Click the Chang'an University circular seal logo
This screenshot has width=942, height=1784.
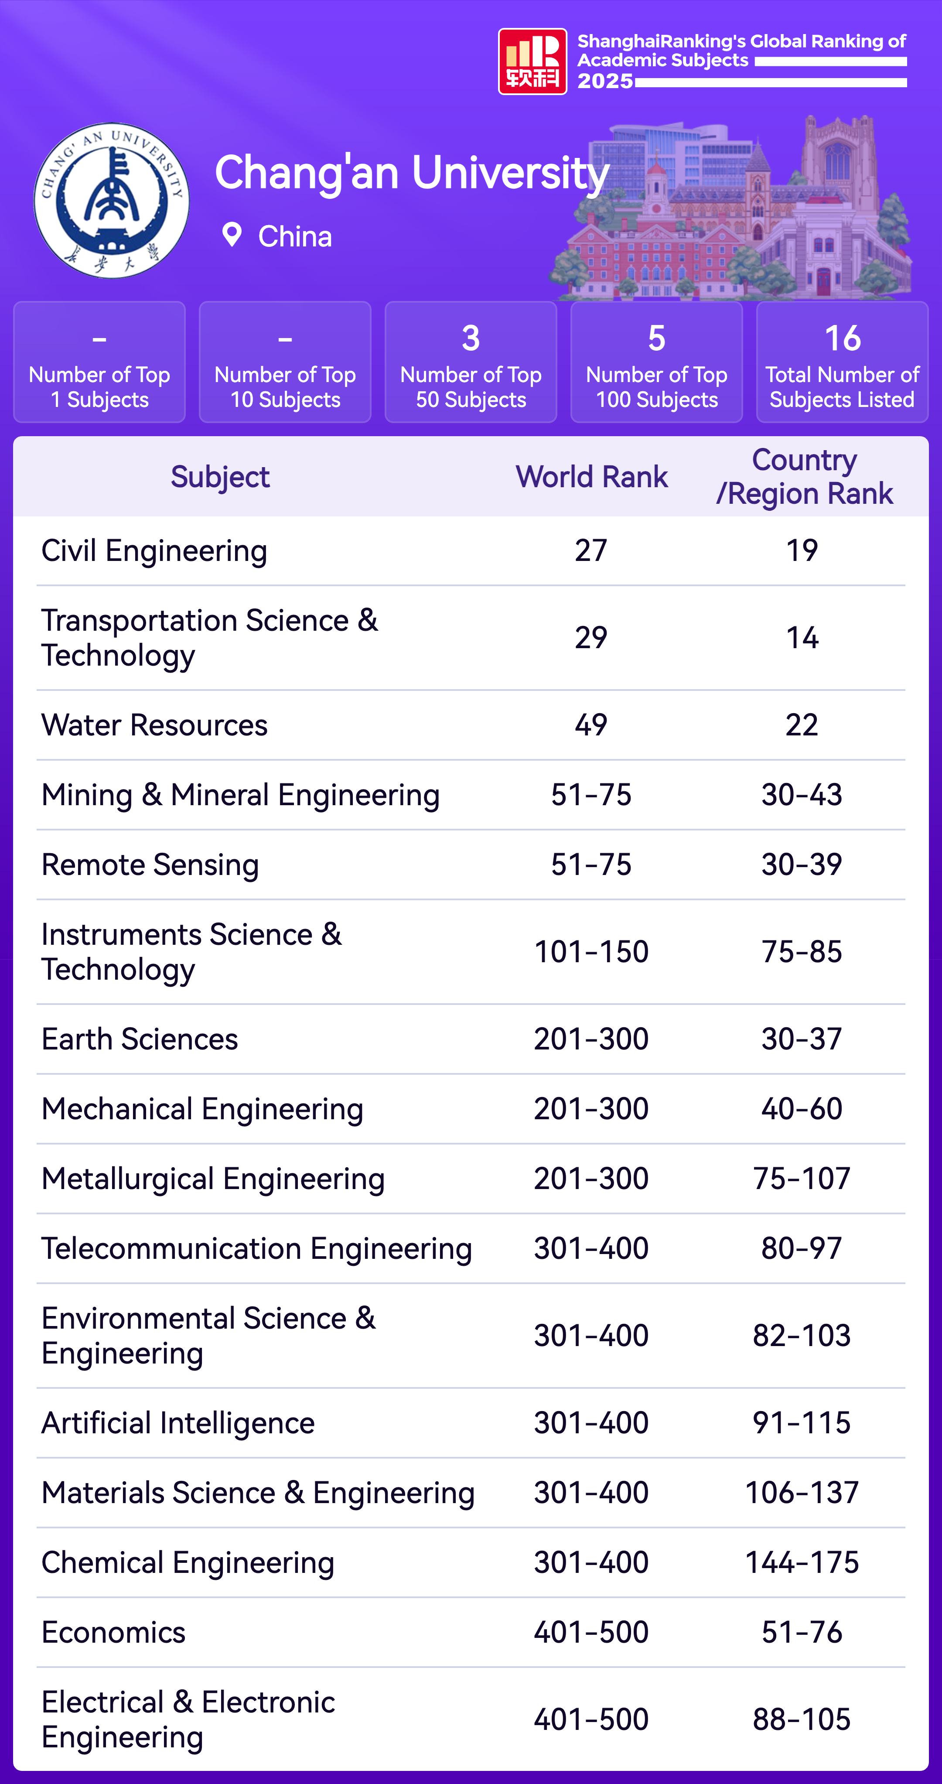click(112, 201)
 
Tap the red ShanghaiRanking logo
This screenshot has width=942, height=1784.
click(532, 61)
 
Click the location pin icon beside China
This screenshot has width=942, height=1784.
click(231, 236)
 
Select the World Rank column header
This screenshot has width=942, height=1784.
click(591, 476)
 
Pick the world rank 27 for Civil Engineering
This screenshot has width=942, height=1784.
click(591, 550)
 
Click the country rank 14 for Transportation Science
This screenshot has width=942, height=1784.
click(802, 638)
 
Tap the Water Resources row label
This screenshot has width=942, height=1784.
click(154, 725)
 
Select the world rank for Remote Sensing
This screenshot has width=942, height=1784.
click(591, 864)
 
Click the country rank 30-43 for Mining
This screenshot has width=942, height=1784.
click(802, 794)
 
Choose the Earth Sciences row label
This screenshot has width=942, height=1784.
click(140, 1039)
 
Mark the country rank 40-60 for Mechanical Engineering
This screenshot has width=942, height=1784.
click(802, 1109)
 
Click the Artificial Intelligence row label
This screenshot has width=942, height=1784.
click(178, 1422)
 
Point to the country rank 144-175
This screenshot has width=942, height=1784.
click(802, 1562)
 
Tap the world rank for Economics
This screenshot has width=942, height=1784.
click(591, 1632)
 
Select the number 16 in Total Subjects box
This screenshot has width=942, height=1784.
click(842, 338)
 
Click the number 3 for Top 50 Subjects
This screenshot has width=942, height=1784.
click(471, 338)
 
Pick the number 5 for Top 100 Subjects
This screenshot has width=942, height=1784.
click(657, 338)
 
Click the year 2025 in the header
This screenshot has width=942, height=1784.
click(605, 81)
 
